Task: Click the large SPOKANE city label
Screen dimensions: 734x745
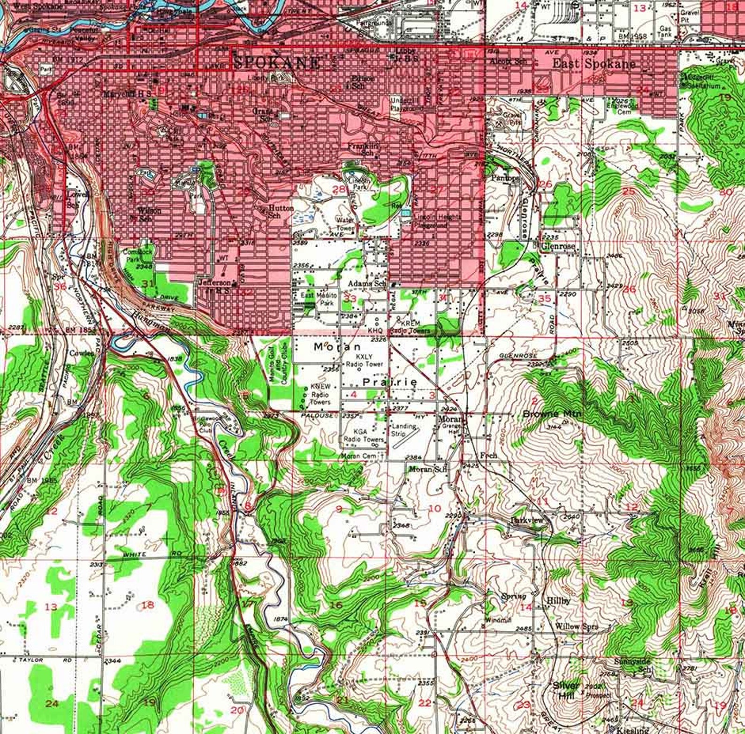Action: click(x=277, y=62)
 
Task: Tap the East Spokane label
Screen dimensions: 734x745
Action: click(x=593, y=64)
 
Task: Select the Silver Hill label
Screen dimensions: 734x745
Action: click(x=566, y=690)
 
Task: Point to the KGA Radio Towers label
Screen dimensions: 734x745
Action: click(x=364, y=435)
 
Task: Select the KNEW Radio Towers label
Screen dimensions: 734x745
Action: click(x=320, y=394)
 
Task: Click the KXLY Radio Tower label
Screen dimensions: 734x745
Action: click(x=364, y=360)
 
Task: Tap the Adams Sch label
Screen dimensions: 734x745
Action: click(x=367, y=284)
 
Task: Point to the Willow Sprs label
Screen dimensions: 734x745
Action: click(x=577, y=626)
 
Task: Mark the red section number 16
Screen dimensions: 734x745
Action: click(x=336, y=605)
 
